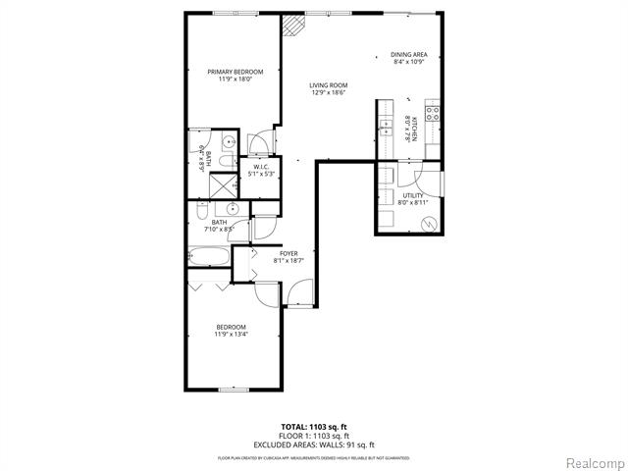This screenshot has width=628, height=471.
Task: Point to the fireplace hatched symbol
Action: coord(292,26)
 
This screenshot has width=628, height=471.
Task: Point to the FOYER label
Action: coord(288,253)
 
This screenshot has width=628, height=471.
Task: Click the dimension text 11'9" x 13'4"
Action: coord(232,335)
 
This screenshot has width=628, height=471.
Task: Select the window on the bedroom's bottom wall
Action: coord(233,390)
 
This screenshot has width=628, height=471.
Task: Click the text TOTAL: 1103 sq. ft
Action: coord(313,427)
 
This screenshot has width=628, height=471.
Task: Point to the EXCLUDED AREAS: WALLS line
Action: coord(314,445)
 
